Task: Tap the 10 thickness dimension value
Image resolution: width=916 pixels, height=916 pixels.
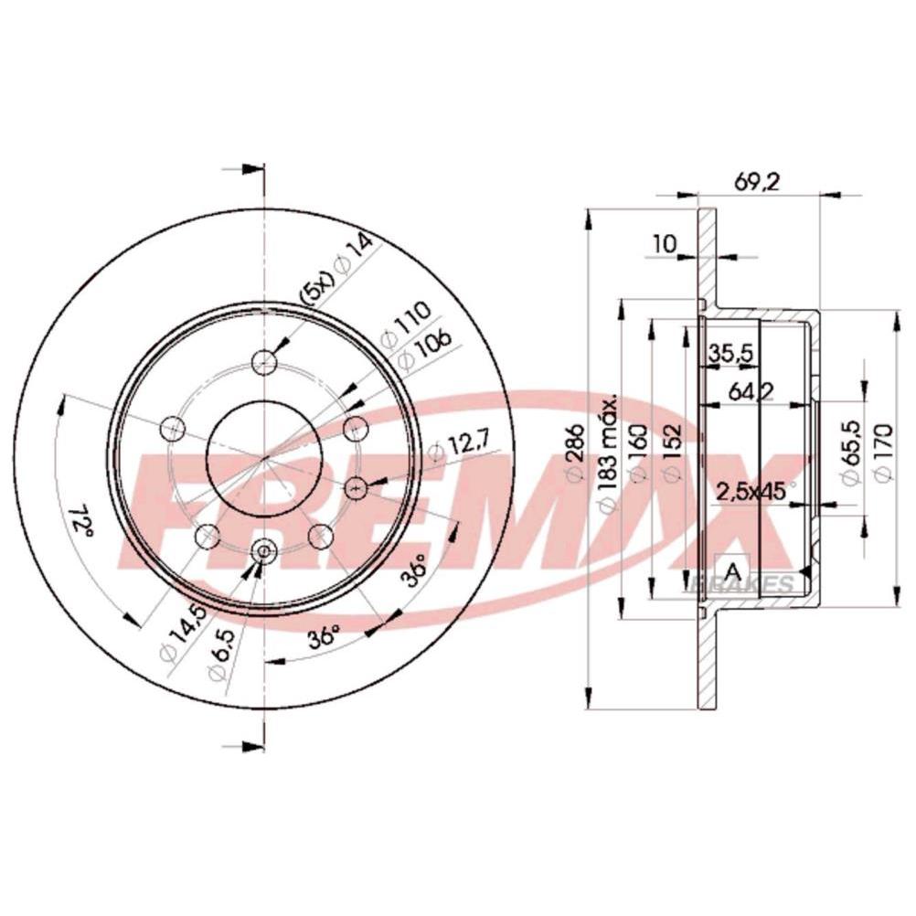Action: (x=665, y=243)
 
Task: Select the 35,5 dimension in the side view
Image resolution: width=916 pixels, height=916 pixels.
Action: (x=730, y=353)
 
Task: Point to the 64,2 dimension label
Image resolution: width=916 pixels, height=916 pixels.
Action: (x=751, y=392)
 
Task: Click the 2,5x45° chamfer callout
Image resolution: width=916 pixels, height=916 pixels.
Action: (x=756, y=492)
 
